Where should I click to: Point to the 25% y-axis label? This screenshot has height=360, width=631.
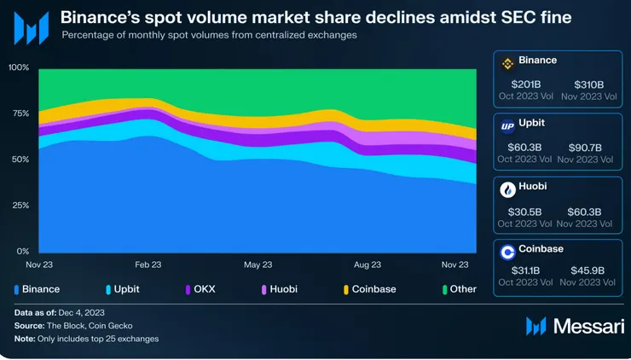click(19, 206)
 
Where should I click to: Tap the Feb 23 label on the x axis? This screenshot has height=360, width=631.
click(148, 265)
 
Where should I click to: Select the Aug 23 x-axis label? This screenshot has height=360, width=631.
click(367, 265)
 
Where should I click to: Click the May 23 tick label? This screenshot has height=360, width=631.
click(258, 265)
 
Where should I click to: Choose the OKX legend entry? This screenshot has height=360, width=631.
click(203, 289)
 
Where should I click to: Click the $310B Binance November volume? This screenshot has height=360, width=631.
click(588, 84)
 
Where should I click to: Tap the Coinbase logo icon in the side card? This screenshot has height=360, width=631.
click(507, 252)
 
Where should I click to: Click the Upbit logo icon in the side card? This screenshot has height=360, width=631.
click(507, 126)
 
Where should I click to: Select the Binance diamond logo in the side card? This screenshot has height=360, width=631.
click(507, 63)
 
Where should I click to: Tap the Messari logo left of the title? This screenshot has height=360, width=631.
click(31, 28)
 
